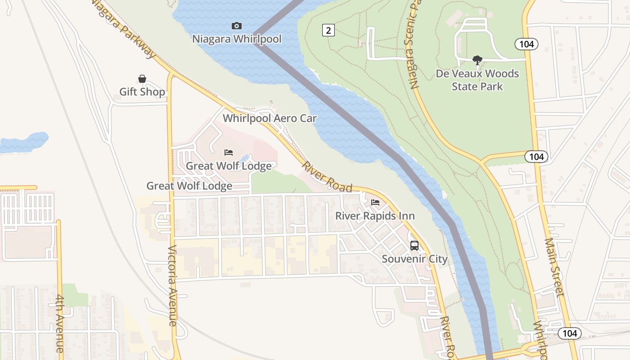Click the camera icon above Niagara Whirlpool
(x=236, y=26)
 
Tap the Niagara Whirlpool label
(x=237, y=39)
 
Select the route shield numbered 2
(x=328, y=30)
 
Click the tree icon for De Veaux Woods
(x=477, y=60)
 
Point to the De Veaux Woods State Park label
(x=477, y=80)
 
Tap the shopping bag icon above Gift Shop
(x=142, y=79)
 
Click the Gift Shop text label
(x=142, y=92)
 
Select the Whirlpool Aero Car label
(x=270, y=119)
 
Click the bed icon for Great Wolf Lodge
(x=229, y=153)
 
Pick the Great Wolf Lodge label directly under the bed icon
(x=229, y=166)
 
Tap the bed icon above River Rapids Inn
(x=375, y=202)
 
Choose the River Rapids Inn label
(x=375, y=216)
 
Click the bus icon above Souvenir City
(x=414, y=246)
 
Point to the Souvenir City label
(x=414, y=259)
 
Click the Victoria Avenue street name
(x=173, y=285)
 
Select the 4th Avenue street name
(x=60, y=323)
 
